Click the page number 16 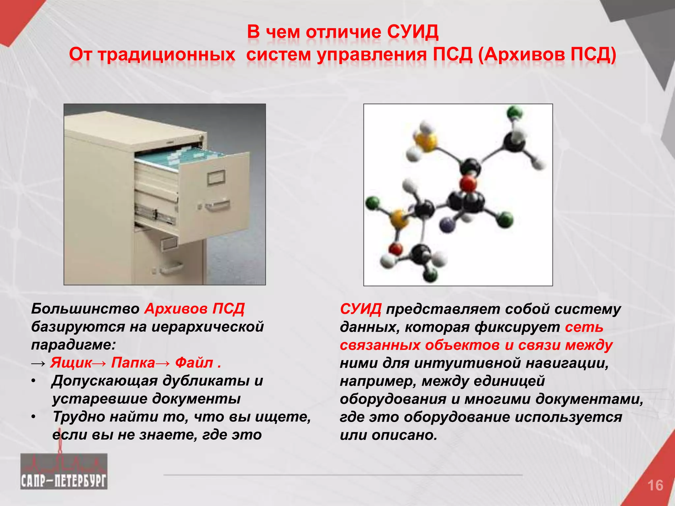(655, 486)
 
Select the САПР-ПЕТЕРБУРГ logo (64, 471)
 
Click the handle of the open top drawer (217, 206)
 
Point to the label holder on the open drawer (216, 178)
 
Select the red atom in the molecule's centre (468, 184)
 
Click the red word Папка (133, 363)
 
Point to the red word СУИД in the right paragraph (361, 309)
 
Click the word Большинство (85, 309)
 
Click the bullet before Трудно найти (33, 417)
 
